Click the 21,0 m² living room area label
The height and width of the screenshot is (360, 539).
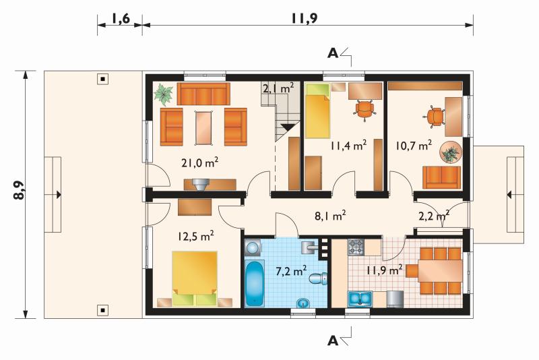pyautogui.click(x=200, y=163)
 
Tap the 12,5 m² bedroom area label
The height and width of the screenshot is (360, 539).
pyautogui.click(x=196, y=236)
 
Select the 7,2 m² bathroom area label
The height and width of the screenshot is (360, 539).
pyautogui.click(x=292, y=271)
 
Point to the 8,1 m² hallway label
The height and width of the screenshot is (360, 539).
pyautogui.click(x=330, y=216)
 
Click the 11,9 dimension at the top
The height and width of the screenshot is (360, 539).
pyautogui.click(x=305, y=19)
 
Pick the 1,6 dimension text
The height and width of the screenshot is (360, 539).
pyautogui.click(x=121, y=19)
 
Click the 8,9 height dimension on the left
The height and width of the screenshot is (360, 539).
pyautogui.click(x=19, y=190)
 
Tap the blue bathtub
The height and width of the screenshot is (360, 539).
pyautogui.click(x=255, y=283)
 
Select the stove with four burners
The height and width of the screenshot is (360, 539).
pyautogui.click(x=356, y=247)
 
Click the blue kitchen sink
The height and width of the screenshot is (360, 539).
pyautogui.click(x=360, y=299)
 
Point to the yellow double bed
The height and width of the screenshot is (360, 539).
pyautogui.click(x=195, y=278)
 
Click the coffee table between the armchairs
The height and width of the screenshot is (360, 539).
pyautogui.click(x=203, y=127)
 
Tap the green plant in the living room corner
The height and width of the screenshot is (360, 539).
pyautogui.click(x=163, y=94)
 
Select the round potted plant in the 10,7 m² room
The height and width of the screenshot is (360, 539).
pyautogui.click(x=450, y=152)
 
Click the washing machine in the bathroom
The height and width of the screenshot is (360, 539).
pyautogui.click(x=253, y=248)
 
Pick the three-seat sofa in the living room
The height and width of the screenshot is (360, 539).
pyautogui.click(x=203, y=94)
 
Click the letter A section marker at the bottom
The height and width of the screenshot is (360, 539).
pyautogui.click(x=333, y=340)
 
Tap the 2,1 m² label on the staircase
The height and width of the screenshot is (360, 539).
pyautogui.click(x=278, y=88)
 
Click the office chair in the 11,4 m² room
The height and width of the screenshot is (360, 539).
pyautogui.click(x=364, y=109)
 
